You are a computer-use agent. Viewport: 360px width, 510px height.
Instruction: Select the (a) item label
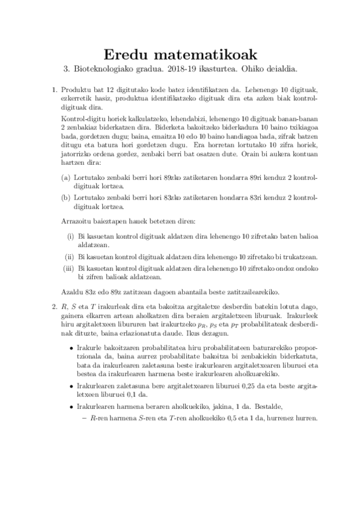pyautogui.click(x=66, y=178)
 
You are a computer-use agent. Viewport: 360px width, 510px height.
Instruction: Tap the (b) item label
pyautogui.click(x=66, y=196)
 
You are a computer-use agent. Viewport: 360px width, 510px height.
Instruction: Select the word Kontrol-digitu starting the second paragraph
pyautogui.click(x=85, y=119)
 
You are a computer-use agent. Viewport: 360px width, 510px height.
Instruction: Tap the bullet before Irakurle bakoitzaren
pyautogui.click(x=73, y=349)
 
